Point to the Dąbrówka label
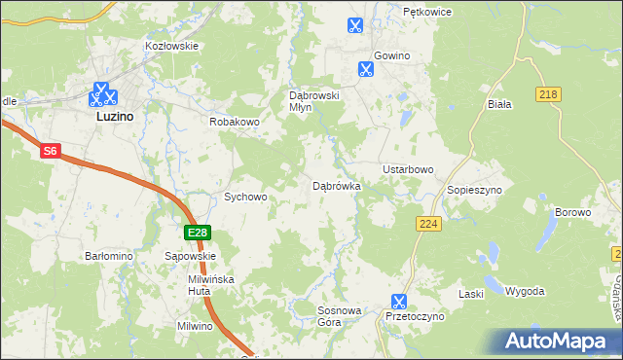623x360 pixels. pos(337,185)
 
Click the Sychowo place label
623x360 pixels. pos(245,197)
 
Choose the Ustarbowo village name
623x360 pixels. pos(408,169)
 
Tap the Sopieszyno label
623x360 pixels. pos(474,190)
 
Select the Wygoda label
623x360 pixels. pos(525,291)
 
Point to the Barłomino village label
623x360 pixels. pos(108,256)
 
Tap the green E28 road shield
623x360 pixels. pos(198,233)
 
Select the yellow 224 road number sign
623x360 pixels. pos(425,224)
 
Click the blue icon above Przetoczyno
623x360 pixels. pos(398,302)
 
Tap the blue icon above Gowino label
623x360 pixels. pos(366,69)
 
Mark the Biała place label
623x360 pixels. pos(498,102)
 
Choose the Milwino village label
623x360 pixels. pos(195,326)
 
